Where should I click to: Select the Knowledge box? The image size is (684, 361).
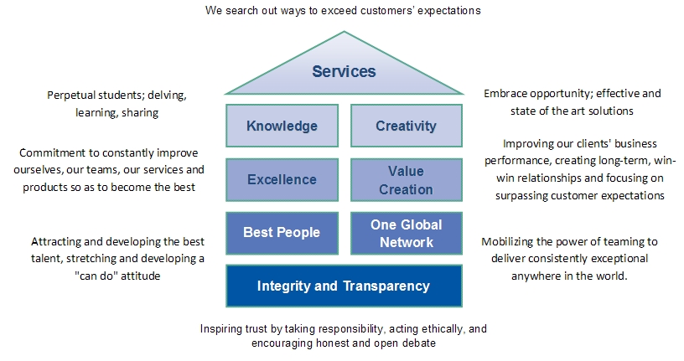click(282, 126)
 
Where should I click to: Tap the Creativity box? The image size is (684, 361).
click(406, 126)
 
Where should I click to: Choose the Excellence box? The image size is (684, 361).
click(282, 179)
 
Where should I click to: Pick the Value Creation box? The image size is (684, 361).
click(406, 179)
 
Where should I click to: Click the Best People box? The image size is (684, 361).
click(282, 233)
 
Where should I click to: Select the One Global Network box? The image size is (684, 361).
click(406, 233)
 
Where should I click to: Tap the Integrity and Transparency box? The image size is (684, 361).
click(344, 286)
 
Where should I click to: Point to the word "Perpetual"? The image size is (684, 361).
click(70, 95)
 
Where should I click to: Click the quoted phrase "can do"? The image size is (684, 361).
click(97, 276)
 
